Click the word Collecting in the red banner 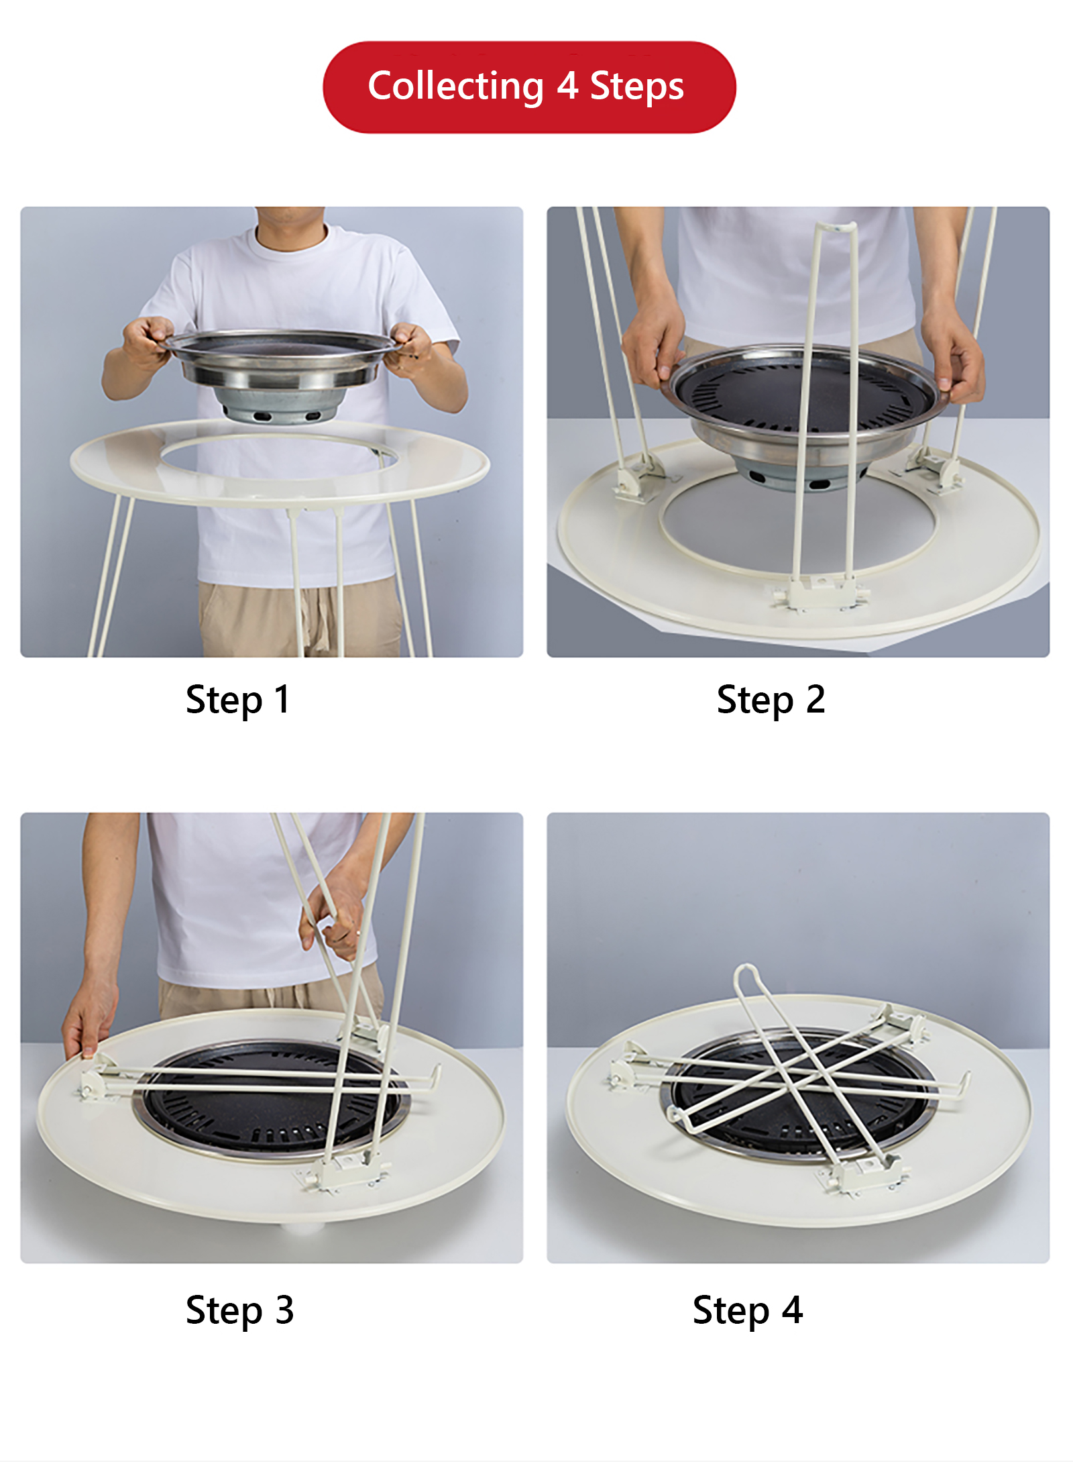tap(455, 87)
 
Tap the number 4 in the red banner tap(567, 86)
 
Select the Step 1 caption tap(237, 700)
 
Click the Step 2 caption tap(771, 700)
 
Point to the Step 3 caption tap(239, 1310)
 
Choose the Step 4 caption tap(747, 1310)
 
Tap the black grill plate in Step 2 tap(805, 396)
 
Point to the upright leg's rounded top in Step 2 tap(836, 227)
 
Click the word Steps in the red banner tap(637, 88)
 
